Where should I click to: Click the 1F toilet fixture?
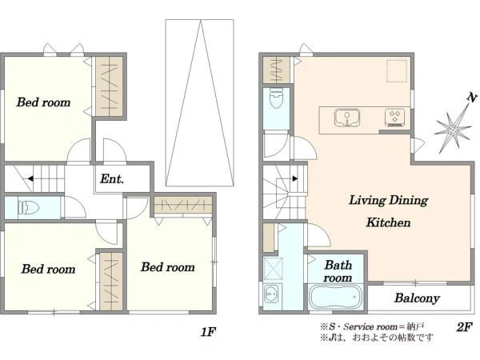coord(29,208)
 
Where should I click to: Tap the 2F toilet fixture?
coord(276,98)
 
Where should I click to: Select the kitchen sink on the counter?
coord(347,118)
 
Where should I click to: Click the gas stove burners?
coord(395,118)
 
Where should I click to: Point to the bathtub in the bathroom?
coord(336,297)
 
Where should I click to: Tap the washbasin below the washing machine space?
coord(270,294)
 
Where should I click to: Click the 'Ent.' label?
coord(112,178)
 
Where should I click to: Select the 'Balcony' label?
coord(417,298)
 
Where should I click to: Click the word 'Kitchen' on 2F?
coord(388,222)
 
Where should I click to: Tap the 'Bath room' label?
coord(338,271)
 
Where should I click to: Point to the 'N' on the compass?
coord(472,98)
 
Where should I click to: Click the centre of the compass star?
coord(453,130)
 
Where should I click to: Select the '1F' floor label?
coord(208,332)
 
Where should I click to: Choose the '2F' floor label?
coord(464,327)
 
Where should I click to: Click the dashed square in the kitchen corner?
coord(397,70)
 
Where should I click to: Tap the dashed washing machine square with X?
coord(273,269)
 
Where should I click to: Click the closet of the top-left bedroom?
coord(110,86)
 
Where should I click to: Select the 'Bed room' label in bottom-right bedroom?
coord(168,267)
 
